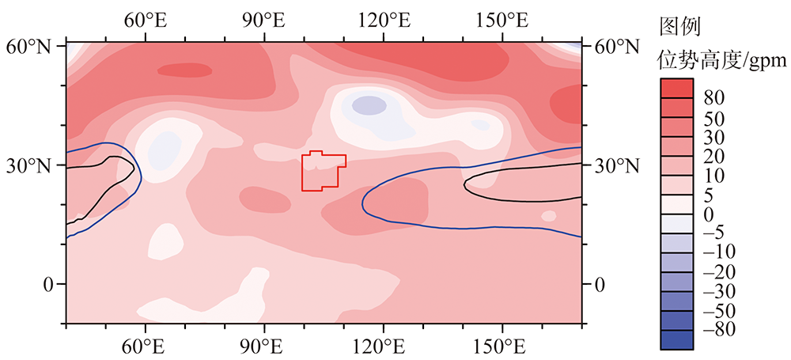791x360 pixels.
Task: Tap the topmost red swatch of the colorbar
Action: coord(676,88)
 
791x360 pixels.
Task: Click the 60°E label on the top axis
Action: coord(145,18)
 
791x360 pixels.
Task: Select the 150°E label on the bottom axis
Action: coord(502,346)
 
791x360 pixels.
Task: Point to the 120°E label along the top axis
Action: coord(384,18)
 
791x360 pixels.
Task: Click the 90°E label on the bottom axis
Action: coord(264,346)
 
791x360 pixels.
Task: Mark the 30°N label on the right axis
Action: coord(616,166)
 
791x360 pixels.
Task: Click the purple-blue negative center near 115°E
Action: coord(369,104)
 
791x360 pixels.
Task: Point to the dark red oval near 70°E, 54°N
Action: coord(185,71)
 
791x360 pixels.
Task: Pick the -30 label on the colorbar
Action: coord(715,290)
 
